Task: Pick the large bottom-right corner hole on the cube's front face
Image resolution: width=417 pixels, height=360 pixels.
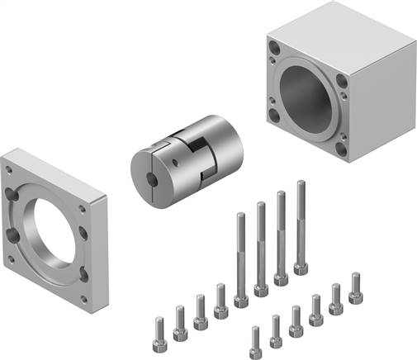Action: [x=342, y=149]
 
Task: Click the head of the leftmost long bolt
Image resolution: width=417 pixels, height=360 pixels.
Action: [x=241, y=301]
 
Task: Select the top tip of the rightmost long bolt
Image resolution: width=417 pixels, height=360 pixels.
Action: [x=300, y=184]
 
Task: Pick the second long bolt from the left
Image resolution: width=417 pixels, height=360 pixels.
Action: [x=261, y=248]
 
